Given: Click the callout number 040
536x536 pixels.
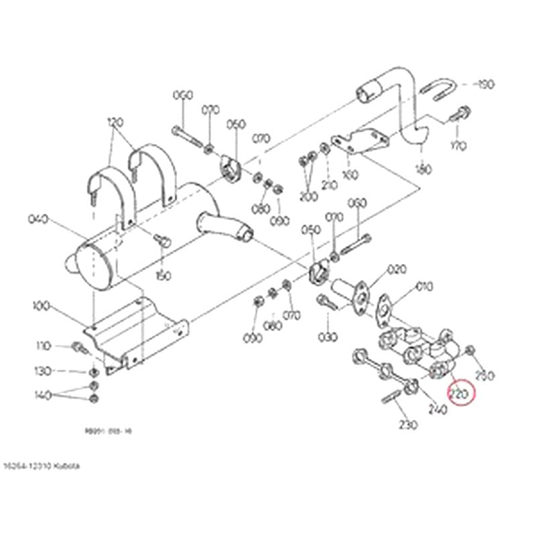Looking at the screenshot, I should tap(40, 219).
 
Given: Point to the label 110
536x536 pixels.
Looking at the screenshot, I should tap(44, 346).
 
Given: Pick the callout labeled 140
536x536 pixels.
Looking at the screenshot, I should tap(44, 395).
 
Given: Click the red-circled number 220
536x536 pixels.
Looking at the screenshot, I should tap(460, 393).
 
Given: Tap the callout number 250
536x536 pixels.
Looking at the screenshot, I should tap(484, 375).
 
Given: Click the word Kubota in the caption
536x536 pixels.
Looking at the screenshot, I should tap(67, 464).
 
